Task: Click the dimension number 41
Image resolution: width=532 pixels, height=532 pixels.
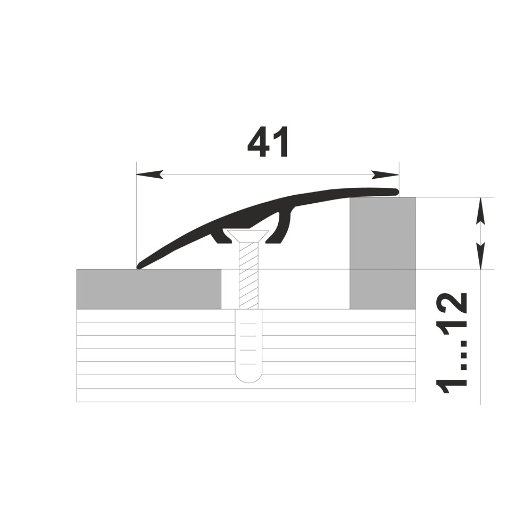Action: pos(268,142)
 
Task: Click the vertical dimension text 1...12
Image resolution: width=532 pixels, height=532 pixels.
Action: pos(451,343)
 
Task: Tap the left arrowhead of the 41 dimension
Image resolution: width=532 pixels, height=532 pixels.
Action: pos(149,174)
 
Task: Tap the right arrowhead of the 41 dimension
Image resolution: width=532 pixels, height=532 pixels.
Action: pos(385,174)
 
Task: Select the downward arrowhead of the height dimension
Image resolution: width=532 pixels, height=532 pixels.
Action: pos(480,256)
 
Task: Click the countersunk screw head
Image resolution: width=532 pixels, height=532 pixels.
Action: pos(248,236)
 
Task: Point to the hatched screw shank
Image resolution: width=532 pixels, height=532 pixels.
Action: pos(248,276)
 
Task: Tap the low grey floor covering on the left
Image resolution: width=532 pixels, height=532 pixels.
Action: pos(149,289)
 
